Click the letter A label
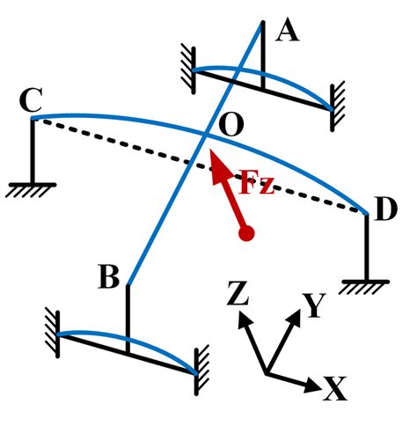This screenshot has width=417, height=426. click(287, 32)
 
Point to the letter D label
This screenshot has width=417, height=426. click(385, 211)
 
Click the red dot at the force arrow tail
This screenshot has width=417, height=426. click(247, 234)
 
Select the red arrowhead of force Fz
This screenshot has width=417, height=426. click(216, 167)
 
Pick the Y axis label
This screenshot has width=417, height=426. click(314, 305)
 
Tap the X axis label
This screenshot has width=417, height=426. click(334, 388)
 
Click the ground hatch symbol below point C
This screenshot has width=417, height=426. click(32, 188)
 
